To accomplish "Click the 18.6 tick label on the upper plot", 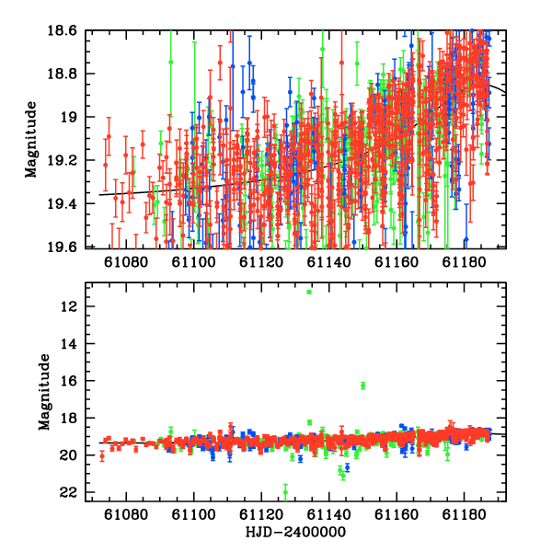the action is click(x=62, y=30).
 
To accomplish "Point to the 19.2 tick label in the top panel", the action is click(x=62, y=160).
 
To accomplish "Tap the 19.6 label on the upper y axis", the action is click(x=62, y=247).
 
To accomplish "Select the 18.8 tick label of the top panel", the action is click(x=62, y=74).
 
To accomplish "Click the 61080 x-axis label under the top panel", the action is click(x=126, y=262).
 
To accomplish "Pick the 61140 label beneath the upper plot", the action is click(x=328, y=262).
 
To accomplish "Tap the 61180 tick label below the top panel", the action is click(x=464, y=262).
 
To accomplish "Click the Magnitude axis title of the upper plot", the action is click(x=31, y=140).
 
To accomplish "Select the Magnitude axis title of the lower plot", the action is click(x=44, y=392).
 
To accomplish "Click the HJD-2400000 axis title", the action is click(x=295, y=532).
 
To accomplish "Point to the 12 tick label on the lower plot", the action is click(x=69, y=306).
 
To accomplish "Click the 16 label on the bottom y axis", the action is click(x=69, y=381).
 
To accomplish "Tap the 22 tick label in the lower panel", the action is click(x=69, y=492).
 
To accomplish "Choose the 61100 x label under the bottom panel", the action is click(x=193, y=515).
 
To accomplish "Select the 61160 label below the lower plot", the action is click(x=397, y=515).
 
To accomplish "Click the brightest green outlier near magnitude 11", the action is click(x=309, y=292).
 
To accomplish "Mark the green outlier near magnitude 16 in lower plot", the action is click(x=363, y=385).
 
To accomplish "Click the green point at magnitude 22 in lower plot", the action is click(x=285, y=492).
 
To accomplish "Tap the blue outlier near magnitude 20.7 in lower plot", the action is click(x=348, y=467).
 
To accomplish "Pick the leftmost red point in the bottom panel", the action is click(x=102, y=457).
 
